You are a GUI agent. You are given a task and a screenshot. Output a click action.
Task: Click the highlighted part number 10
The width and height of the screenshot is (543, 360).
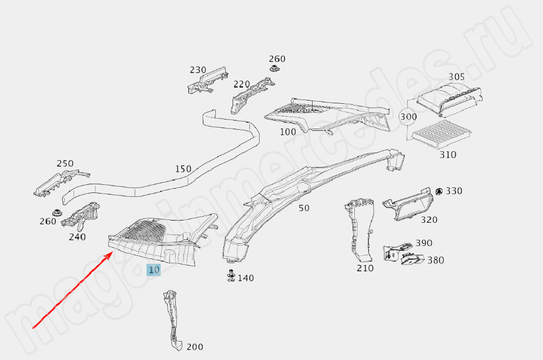point(154,269)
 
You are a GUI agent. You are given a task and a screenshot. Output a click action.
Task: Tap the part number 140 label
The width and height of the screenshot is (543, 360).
point(245,278)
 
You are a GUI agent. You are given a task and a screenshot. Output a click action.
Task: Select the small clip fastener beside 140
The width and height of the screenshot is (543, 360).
point(231,276)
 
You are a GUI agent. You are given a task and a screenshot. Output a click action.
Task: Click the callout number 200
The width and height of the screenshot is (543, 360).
point(195,347)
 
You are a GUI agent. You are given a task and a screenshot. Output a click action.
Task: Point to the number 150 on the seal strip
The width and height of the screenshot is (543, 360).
point(183,169)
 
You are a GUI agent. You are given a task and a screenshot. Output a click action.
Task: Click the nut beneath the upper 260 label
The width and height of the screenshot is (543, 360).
point(275,70)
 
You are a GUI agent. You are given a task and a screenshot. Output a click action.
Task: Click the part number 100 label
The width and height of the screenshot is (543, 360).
point(288,131)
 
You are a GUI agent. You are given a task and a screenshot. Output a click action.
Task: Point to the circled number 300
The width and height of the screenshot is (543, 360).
point(408,117)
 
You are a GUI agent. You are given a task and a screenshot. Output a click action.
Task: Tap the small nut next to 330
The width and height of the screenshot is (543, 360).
point(439,191)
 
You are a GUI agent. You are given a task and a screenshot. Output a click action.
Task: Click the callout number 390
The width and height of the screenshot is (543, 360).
point(424,243)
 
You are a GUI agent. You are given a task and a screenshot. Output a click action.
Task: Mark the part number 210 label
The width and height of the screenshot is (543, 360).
point(365,268)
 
